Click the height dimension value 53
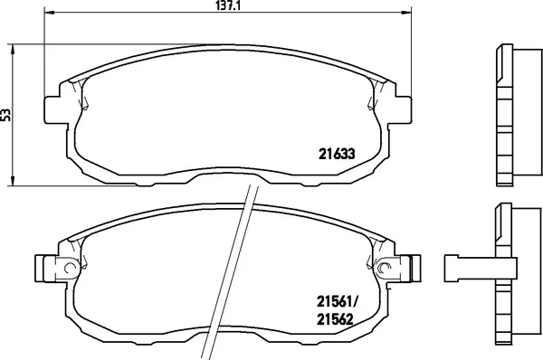(x=7, y=115)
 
